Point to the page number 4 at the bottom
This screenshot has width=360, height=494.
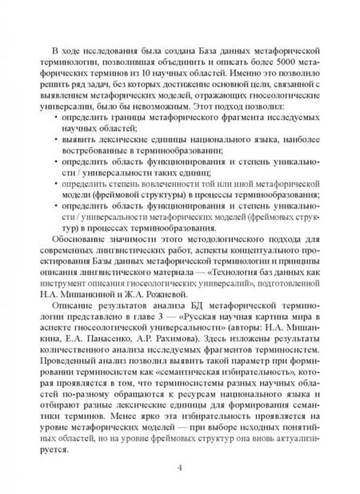[180, 468]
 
